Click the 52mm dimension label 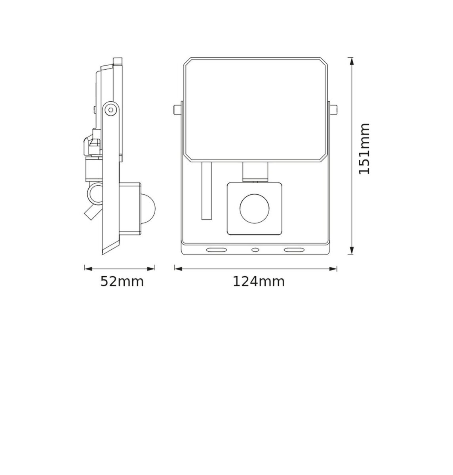click(122, 281)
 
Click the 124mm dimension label click(259, 281)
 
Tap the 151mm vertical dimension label click(364, 149)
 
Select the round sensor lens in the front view click(255, 208)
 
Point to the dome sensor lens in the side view click(148, 209)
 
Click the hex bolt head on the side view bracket click(111, 110)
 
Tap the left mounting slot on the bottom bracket click(216, 250)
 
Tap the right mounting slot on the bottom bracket click(294, 250)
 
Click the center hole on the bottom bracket click(255, 250)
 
